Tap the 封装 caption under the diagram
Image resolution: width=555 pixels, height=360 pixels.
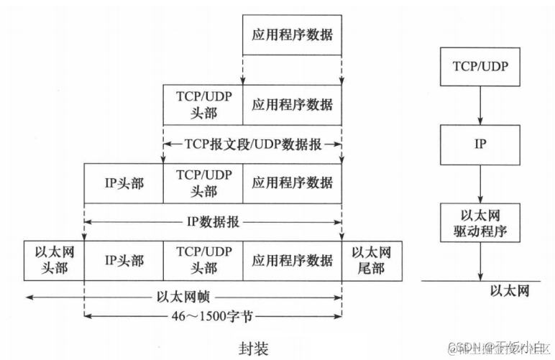coord(252,349)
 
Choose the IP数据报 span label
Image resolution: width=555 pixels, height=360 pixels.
coord(213,223)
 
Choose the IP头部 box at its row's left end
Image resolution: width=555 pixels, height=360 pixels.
coord(124,183)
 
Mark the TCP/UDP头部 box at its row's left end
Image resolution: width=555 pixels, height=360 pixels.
coord(203,104)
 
